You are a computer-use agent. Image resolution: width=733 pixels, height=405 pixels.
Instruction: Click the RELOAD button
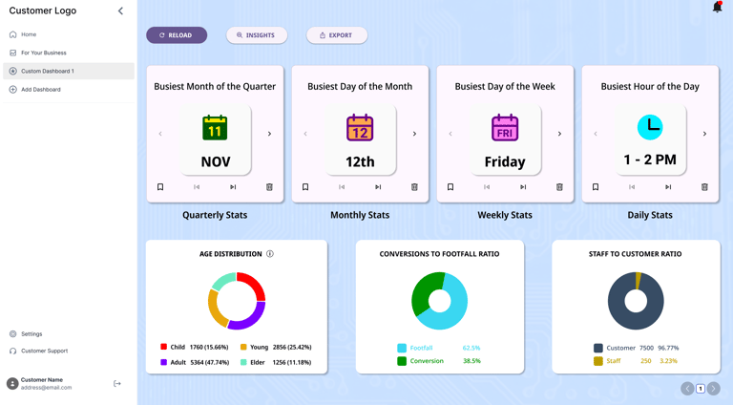[x=177, y=35]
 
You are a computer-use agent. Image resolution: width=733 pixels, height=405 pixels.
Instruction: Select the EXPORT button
[x=337, y=35]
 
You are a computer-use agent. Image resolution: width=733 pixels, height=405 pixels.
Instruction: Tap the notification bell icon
[x=717, y=8]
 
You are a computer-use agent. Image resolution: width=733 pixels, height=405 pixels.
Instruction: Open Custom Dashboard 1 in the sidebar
[x=48, y=71]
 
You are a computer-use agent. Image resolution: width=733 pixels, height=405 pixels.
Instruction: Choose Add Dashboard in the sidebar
[x=41, y=90]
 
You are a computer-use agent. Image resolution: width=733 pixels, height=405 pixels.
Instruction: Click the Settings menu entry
[x=31, y=334]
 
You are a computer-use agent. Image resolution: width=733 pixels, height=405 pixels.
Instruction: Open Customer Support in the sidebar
[x=44, y=351]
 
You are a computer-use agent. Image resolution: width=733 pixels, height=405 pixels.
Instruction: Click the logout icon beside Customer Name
[x=117, y=384]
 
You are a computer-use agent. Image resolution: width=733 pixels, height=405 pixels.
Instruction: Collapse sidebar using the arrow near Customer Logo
[x=120, y=11]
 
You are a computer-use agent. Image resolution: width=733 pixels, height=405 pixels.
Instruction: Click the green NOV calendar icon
[x=215, y=127]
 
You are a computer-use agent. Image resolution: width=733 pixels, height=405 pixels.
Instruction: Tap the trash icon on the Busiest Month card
[x=269, y=187]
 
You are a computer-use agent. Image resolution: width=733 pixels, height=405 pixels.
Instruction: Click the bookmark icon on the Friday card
[x=450, y=187]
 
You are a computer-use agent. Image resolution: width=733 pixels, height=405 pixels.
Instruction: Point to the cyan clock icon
[x=650, y=127]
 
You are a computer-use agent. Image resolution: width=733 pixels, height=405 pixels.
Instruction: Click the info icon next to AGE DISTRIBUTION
[x=270, y=254]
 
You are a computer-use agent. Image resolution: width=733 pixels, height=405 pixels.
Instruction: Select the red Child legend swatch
[x=164, y=347]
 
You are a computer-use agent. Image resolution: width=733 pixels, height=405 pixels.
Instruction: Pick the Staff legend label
[x=614, y=361]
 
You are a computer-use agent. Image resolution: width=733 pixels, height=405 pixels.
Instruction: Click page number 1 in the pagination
[x=701, y=389]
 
